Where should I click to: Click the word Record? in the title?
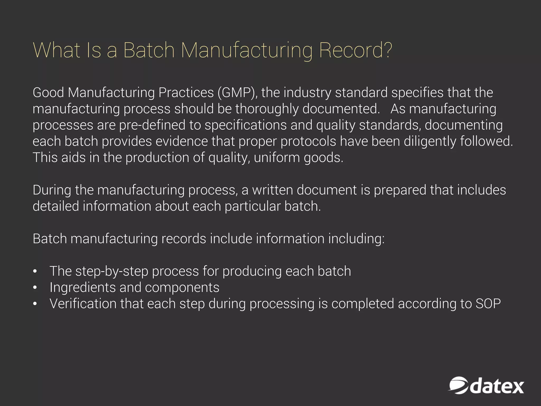pos(355,50)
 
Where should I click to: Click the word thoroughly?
pos(267,109)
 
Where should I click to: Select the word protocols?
pos(308,141)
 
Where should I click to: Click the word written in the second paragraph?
pos(272,190)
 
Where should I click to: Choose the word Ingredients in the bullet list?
pos(82,288)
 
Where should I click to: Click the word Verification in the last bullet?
pos(83,304)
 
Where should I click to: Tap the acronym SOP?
pos(488,304)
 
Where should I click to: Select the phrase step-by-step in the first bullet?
pos(112,271)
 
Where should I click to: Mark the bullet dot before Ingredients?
pos(35,288)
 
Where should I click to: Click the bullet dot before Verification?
pos(35,304)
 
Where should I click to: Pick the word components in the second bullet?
pos(182,288)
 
